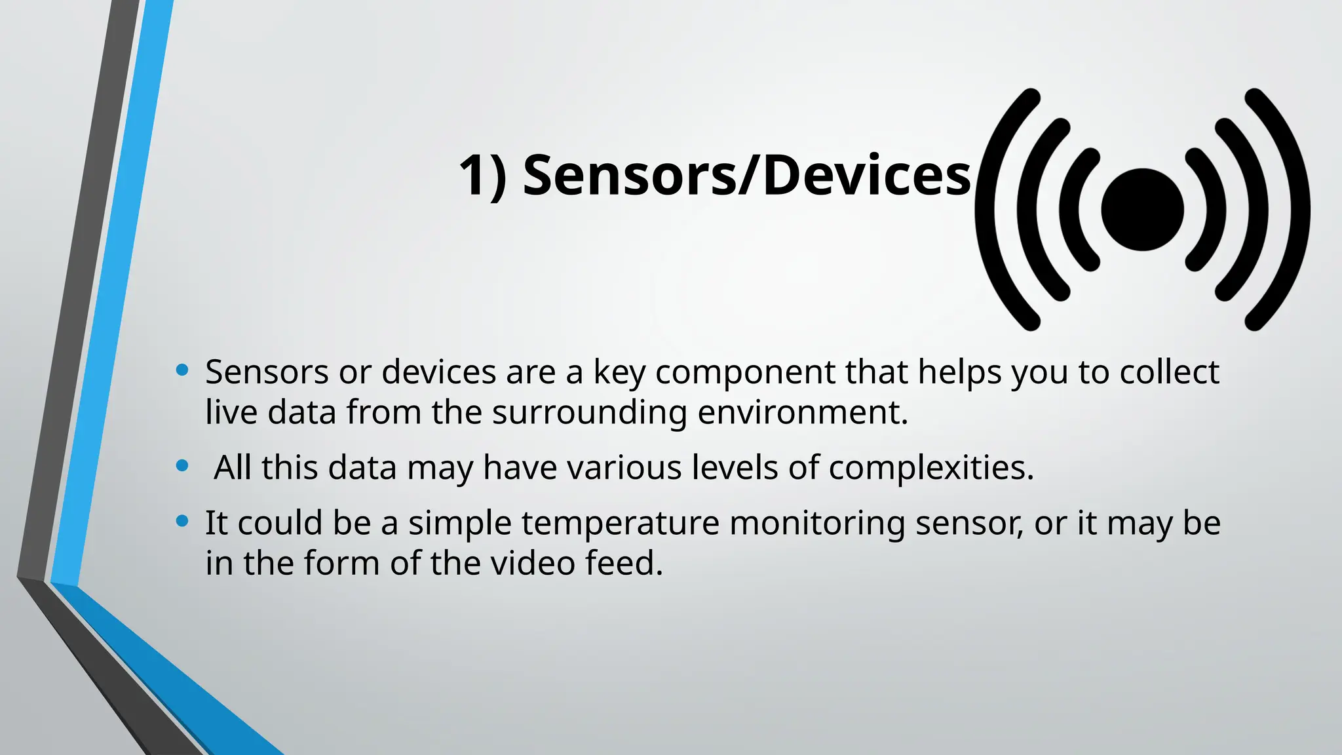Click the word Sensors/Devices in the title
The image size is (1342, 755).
[747, 176]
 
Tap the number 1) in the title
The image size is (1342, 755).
[482, 176]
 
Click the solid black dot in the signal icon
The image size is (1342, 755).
[1142, 210]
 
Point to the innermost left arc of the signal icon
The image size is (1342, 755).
[1069, 210]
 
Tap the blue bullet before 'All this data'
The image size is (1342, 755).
[183, 467]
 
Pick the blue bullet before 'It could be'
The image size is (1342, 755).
[183, 522]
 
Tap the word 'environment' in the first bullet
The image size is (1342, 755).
[802, 413]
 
